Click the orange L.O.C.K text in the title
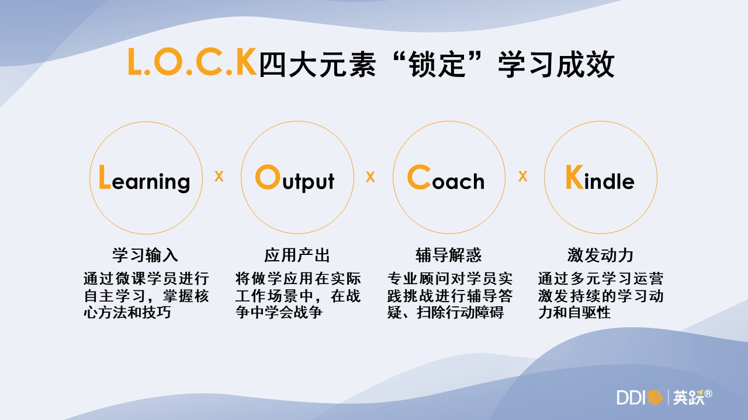coord(192,62)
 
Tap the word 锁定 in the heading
coord(438,64)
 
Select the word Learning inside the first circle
coord(144,178)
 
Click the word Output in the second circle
coord(295,178)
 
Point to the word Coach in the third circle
coord(446,177)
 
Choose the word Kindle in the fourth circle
coord(600,177)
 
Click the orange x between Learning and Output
coord(219,176)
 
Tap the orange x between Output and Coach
coord(370,176)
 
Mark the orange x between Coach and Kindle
coord(522,176)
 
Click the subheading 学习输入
coord(146,255)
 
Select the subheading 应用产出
coord(297,255)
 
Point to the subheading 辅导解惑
coord(448,255)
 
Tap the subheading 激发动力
coord(600,255)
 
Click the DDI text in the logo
coord(631,397)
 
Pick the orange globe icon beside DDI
coord(655,397)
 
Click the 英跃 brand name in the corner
coord(688,397)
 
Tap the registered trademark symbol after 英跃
coord(708,394)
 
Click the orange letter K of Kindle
coord(574,177)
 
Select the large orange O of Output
coord(268,177)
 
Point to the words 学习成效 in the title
coord(556,64)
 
